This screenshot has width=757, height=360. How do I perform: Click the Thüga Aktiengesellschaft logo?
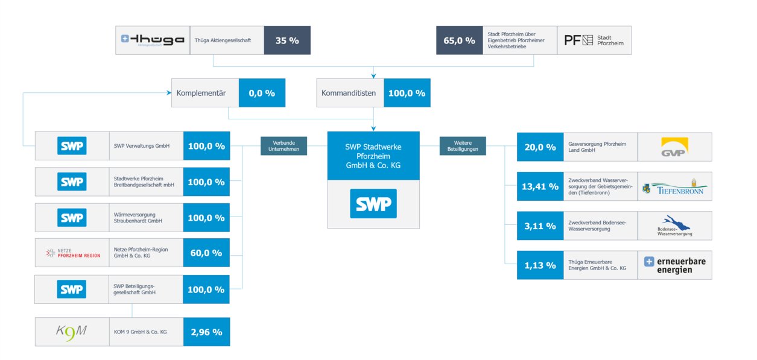click(x=153, y=40)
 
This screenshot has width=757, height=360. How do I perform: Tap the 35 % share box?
click(x=287, y=40)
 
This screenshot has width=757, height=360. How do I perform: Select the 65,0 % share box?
click(x=459, y=40)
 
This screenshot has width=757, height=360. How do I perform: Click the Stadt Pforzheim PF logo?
click(x=594, y=40)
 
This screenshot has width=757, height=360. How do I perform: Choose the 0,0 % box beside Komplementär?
click(x=262, y=93)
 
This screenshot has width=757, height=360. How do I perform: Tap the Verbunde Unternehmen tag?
click(x=283, y=146)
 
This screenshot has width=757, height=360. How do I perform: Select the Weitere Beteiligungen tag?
click(x=463, y=146)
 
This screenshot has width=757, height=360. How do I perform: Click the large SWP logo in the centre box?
click(x=373, y=203)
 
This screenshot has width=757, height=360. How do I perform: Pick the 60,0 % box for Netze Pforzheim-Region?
click(x=206, y=253)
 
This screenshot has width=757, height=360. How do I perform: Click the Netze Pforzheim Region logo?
click(x=72, y=253)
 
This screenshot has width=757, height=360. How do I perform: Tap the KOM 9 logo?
click(x=72, y=332)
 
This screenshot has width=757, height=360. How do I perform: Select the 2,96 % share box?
click(x=206, y=332)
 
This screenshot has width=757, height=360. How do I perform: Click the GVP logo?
click(x=674, y=147)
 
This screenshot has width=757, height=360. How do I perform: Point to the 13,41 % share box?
click(x=540, y=186)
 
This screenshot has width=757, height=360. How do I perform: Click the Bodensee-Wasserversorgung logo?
click(x=674, y=226)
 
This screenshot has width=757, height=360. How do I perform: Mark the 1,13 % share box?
click(x=540, y=265)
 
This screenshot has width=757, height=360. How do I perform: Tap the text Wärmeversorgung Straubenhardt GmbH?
click(x=138, y=218)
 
